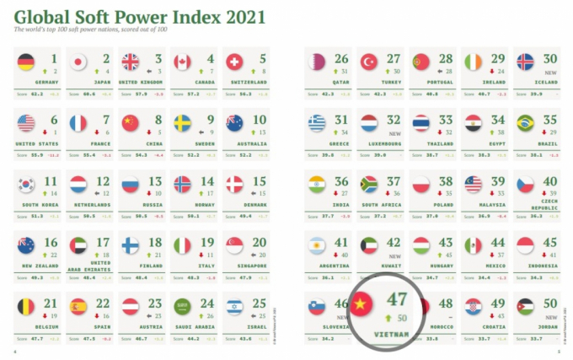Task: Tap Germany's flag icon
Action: tap(26, 62)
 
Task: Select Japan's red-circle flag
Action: tap(78, 62)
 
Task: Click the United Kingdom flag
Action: tap(130, 62)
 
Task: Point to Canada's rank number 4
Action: tap(210, 58)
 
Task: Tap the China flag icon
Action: tap(130, 123)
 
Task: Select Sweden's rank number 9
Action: tap(210, 120)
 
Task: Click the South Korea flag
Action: tap(26, 184)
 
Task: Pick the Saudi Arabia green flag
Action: tap(182, 305)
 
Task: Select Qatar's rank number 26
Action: tap(341, 58)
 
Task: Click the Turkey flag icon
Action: tap(368, 62)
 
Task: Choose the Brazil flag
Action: tap(525, 123)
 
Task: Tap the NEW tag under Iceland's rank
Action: tap(549, 73)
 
